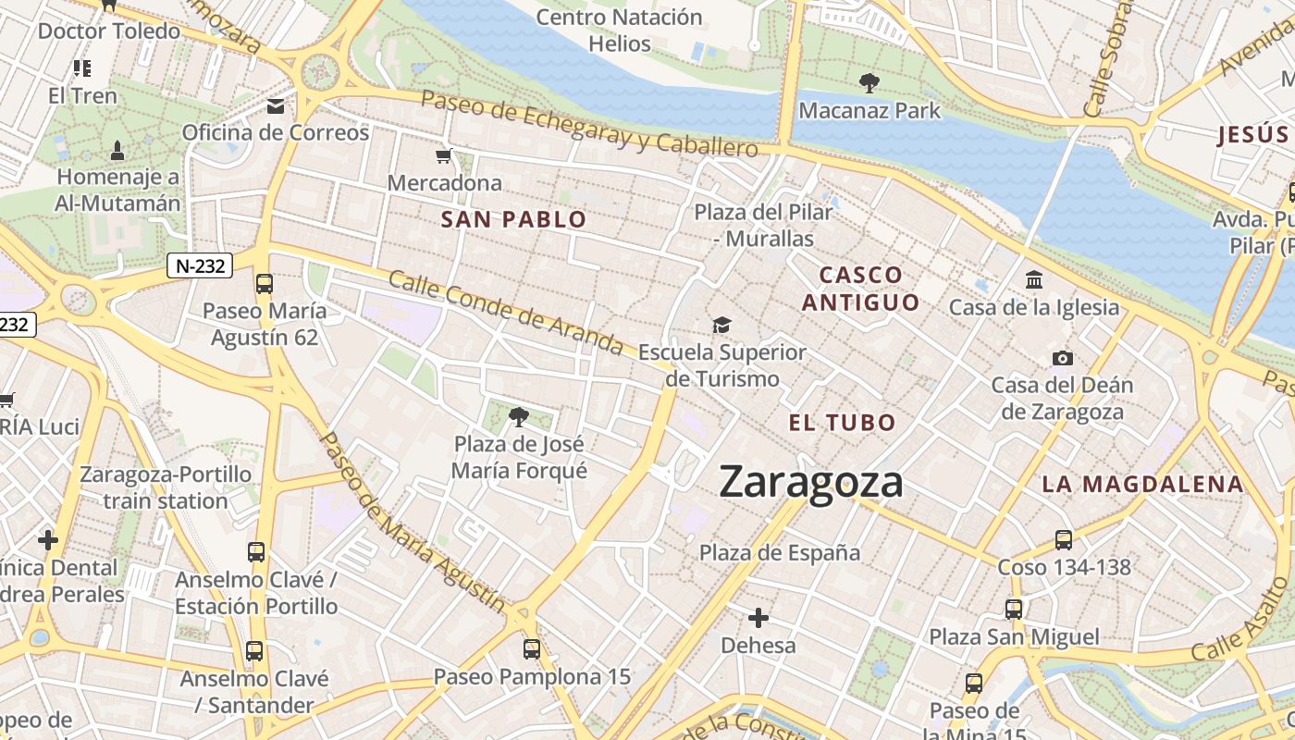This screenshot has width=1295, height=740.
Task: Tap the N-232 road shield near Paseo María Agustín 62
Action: pos(199,266)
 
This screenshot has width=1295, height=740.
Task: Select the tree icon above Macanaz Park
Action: pos(869,83)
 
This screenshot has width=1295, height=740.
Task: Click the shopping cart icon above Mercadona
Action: pos(444,155)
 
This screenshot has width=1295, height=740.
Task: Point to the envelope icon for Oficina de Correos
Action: pos(276,106)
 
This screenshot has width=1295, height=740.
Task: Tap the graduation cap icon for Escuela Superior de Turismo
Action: pos(721,325)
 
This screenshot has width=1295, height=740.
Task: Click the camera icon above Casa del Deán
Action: pos(1063,358)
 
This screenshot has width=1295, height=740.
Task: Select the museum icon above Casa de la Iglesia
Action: pos(1034,279)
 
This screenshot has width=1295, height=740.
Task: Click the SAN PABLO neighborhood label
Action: pos(513,220)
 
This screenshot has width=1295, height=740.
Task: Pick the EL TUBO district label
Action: pos(843,424)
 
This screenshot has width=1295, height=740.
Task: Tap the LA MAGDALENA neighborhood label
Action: pos(1142,484)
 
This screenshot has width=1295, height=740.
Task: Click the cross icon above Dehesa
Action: pos(758,617)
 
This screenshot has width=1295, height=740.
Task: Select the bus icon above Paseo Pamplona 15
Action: pos(531,648)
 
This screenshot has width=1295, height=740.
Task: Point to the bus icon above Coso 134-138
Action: pos(1064,539)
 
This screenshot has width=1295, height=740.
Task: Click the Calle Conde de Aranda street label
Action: pos(505,313)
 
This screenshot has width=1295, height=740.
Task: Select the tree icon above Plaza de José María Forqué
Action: pos(519,417)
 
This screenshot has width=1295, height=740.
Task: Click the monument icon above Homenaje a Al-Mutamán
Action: pos(117,149)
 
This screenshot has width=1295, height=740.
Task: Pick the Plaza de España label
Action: pos(780,553)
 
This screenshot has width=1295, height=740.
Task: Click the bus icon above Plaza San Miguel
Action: pos(1014,609)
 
